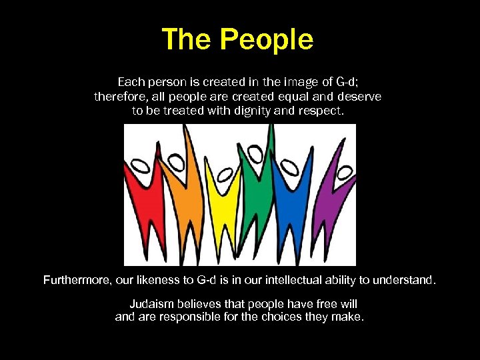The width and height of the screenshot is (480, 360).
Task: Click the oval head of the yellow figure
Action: [225, 174]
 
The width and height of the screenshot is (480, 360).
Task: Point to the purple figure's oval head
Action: [345, 172]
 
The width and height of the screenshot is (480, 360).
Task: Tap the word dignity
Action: [257, 111]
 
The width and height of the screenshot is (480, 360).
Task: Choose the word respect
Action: [323, 111]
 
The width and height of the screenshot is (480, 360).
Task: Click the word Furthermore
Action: [75, 280]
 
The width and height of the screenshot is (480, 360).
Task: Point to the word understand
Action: [407, 280]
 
